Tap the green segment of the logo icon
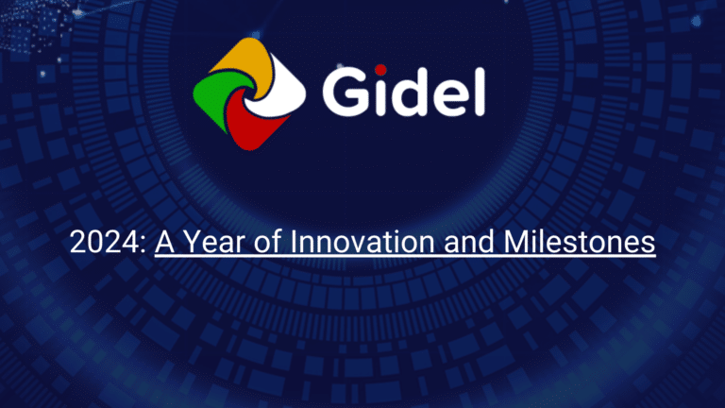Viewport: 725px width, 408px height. pos(209,95)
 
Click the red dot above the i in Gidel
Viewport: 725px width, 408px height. pos(380,69)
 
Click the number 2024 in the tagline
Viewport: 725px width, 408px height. pos(105,243)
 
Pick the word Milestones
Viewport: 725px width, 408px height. pos(573,243)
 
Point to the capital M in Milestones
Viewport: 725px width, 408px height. pos(502,243)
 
